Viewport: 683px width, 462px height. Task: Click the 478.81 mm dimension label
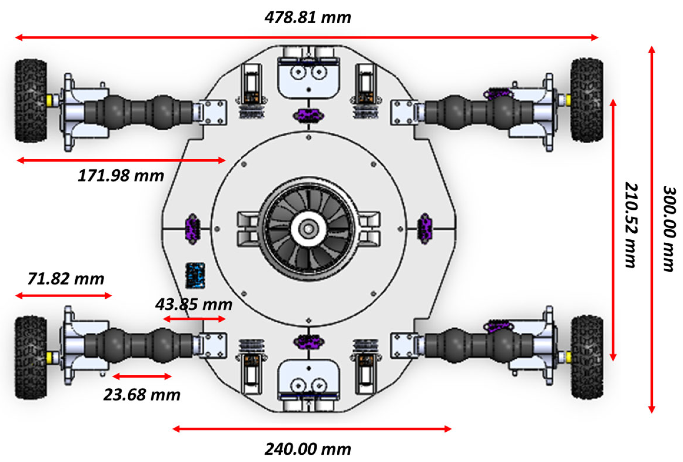tap(308, 17)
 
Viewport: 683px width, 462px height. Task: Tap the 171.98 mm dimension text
tap(121, 175)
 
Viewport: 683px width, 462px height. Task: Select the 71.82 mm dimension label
tap(66, 278)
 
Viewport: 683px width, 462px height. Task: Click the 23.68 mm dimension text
tap(142, 394)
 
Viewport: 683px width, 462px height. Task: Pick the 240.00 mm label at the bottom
tap(308, 449)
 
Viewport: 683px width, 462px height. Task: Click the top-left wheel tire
tap(31, 101)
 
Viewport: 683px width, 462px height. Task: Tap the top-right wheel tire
tap(586, 100)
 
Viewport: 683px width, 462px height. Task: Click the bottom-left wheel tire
tap(31, 358)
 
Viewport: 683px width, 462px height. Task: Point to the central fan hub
tap(308, 229)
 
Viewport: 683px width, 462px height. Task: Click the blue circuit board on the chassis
tap(195, 275)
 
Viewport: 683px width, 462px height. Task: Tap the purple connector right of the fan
tap(425, 229)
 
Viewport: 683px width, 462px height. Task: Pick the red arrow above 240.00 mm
tap(312, 429)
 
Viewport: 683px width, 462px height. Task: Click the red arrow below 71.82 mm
tap(63, 295)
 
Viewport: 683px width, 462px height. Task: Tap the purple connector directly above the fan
tap(308, 115)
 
